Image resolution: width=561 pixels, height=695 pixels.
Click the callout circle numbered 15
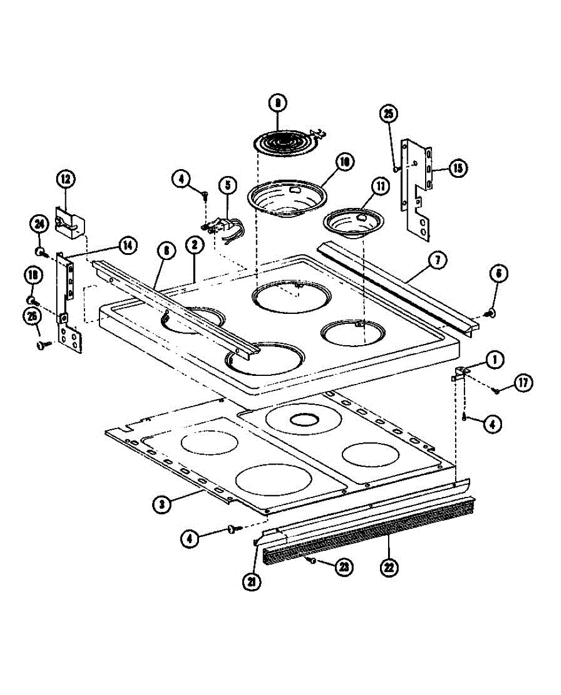[457, 168]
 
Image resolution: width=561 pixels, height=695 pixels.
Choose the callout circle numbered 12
[65, 179]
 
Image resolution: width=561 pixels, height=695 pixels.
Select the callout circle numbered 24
[39, 224]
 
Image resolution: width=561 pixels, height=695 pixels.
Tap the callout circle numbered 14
[127, 246]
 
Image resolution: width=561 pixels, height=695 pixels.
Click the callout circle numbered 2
[194, 245]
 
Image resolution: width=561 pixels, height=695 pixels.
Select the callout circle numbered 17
[523, 383]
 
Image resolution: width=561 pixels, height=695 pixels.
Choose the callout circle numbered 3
[164, 504]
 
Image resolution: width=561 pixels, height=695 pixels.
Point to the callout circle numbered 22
[389, 567]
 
